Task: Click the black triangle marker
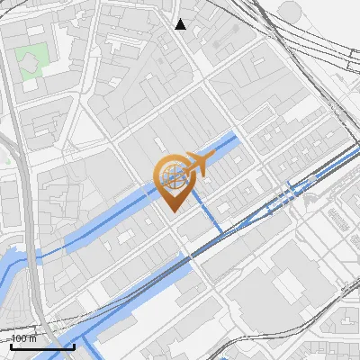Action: pyautogui.click(x=181, y=24)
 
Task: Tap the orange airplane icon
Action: pyautogui.click(x=197, y=163)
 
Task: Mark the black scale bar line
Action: pyautogui.click(x=41, y=346)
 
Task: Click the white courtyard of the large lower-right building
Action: pyautogui.click(x=289, y=286)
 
